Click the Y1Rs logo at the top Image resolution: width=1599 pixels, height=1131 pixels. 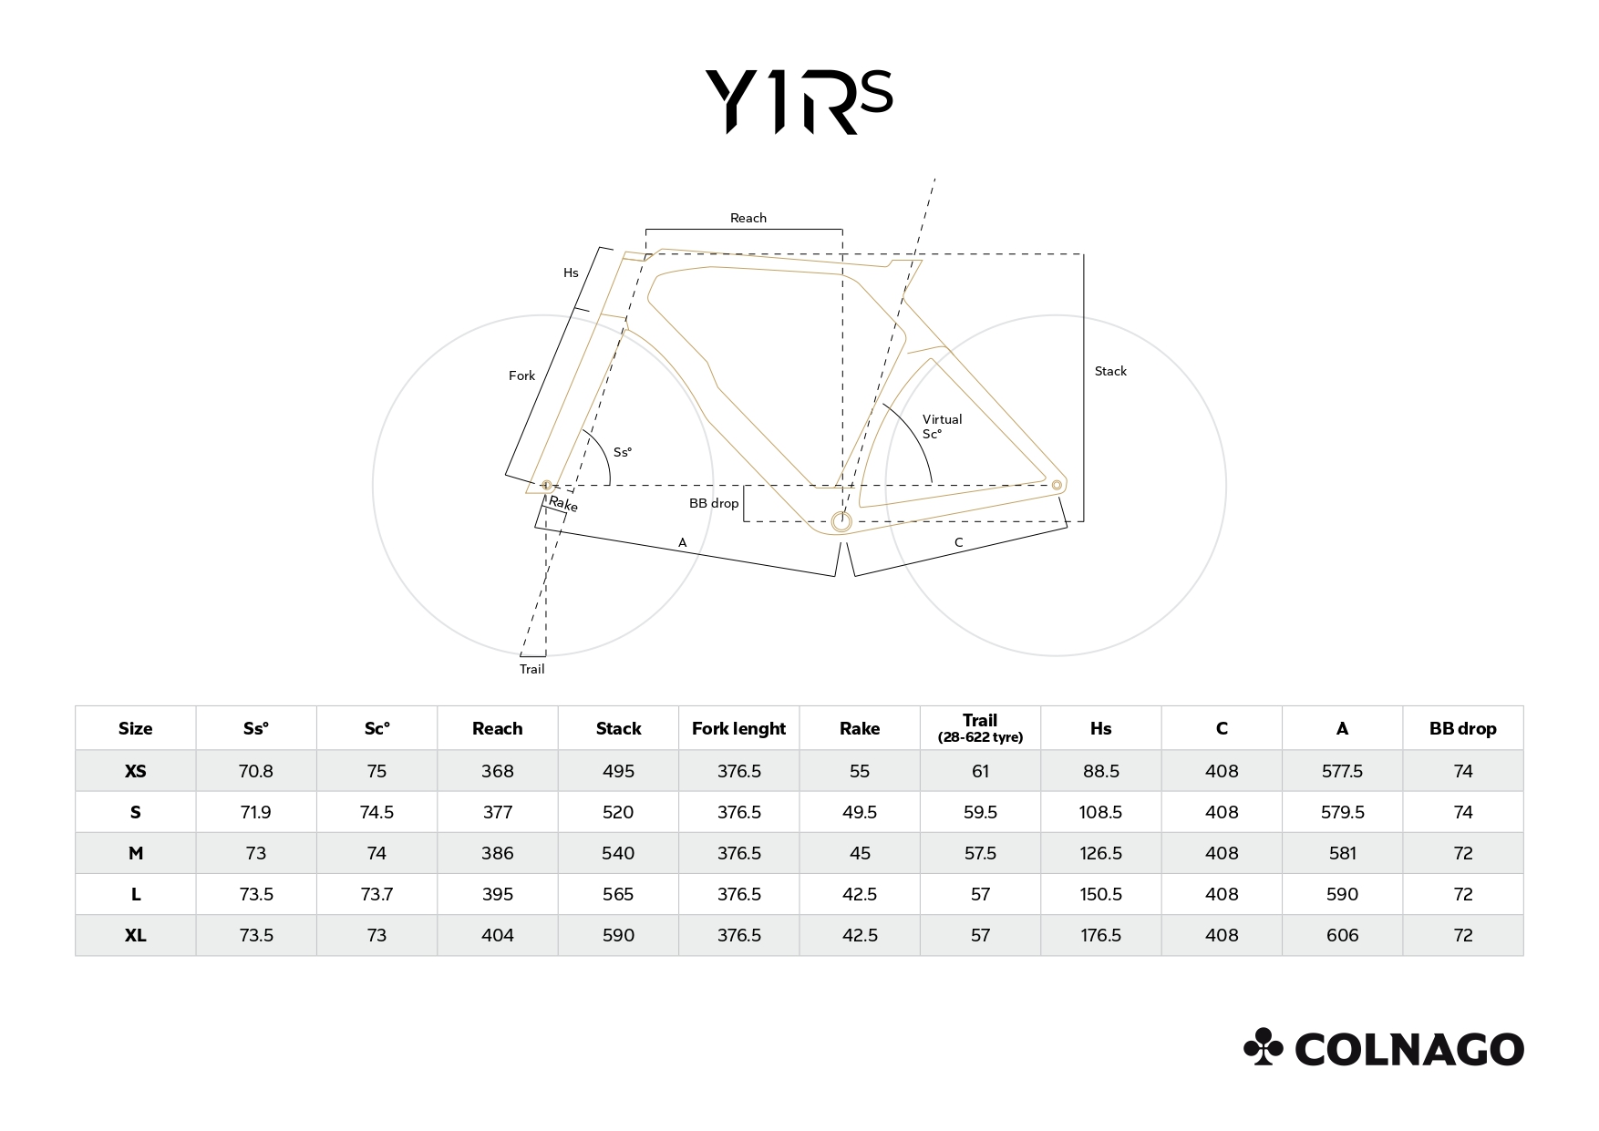(x=799, y=102)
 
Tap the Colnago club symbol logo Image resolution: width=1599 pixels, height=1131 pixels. (x=1263, y=1047)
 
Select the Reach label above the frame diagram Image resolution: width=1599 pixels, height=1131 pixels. (x=748, y=218)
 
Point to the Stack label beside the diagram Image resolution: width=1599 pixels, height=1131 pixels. (x=1110, y=371)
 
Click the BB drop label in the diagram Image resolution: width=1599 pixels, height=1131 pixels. (x=714, y=503)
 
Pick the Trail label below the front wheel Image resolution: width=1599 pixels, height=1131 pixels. (x=531, y=669)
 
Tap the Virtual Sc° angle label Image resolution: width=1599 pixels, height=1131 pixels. (x=942, y=427)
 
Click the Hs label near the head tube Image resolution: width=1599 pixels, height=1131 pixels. (x=571, y=272)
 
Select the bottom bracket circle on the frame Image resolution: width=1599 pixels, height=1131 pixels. (x=841, y=521)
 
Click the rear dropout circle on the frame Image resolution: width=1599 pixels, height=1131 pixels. (x=1057, y=485)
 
